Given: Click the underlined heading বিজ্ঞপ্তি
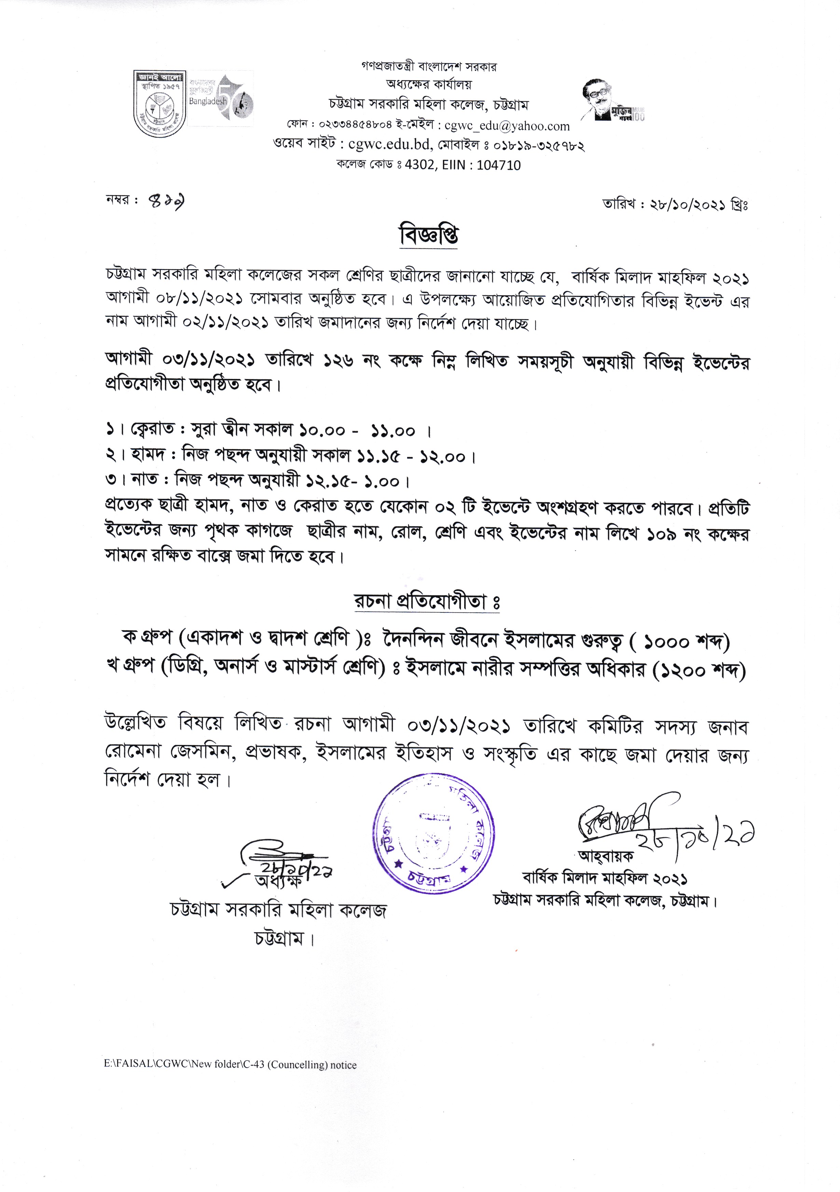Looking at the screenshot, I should point(429,236).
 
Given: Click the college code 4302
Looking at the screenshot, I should point(421,166).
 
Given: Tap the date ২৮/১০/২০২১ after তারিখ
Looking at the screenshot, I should point(689,205).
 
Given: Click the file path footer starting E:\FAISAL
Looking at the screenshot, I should point(230,1065).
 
